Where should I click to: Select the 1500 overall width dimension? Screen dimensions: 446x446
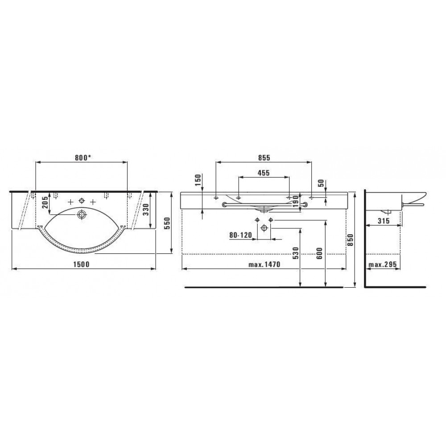pyautogui.click(x=81, y=264)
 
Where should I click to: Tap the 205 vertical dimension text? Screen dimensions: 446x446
pyautogui.click(x=45, y=202)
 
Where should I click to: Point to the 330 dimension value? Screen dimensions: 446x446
pyautogui.click(x=146, y=210)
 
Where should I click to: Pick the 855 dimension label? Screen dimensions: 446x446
pyautogui.click(x=264, y=157)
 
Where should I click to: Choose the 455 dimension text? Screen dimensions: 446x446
pyautogui.click(x=264, y=173)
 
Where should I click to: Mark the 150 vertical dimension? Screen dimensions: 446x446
pyautogui.click(x=198, y=180)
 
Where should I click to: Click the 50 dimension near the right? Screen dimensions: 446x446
pyautogui.click(x=321, y=183)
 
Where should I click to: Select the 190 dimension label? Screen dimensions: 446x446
pyautogui.click(x=296, y=201)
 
